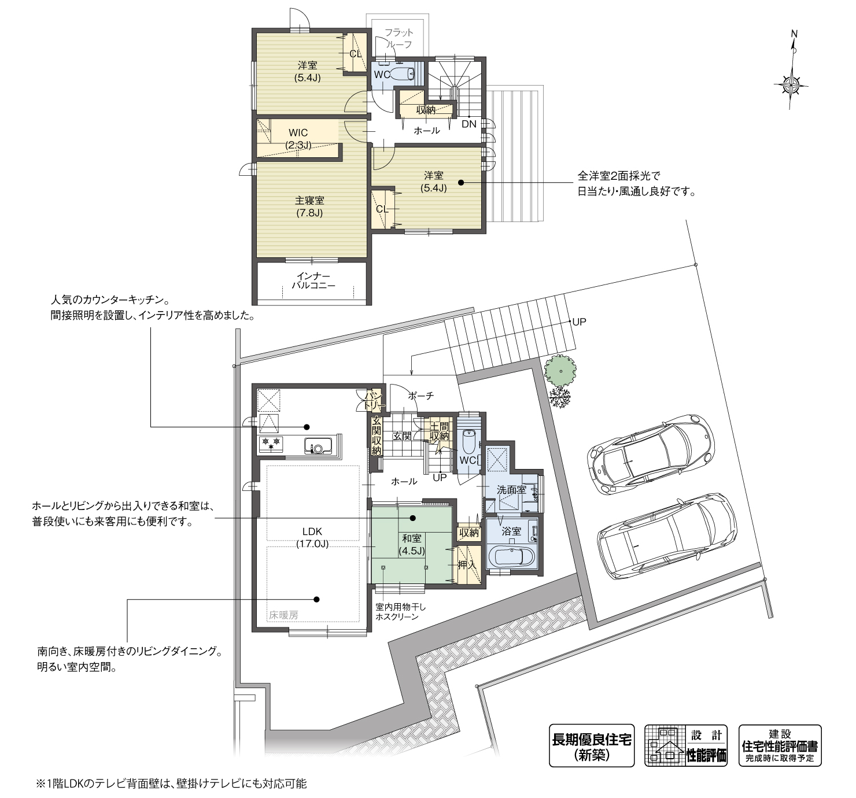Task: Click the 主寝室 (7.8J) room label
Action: pyautogui.click(x=309, y=206)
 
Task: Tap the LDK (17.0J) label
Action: pyautogui.click(x=312, y=537)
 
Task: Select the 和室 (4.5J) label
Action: pyautogui.click(x=411, y=544)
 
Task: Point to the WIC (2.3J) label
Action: pyautogui.click(x=298, y=139)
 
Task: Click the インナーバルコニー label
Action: pyautogui.click(x=313, y=280)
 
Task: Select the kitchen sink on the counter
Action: pyautogui.click(x=318, y=447)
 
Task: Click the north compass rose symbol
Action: pyautogui.click(x=791, y=85)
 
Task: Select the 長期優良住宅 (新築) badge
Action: pyautogui.click(x=591, y=745)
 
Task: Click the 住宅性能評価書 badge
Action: pyautogui.click(x=780, y=745)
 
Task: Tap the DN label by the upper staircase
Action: pyautogui.click(x=468, y=124)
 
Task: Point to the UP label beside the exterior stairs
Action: pyautogui.click(x=579, y=322)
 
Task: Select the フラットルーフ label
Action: pyautogui.click(x=399, y=39)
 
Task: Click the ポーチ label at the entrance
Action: pyautogui.click(x=420, y=396)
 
